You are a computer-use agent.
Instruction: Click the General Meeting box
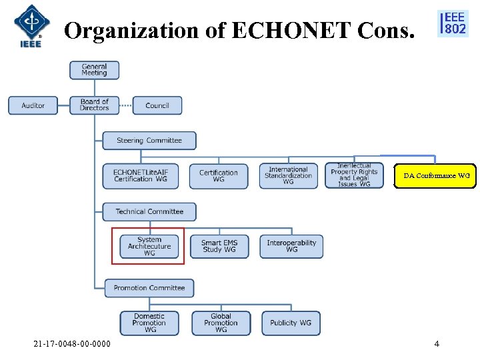[x=94, y=70]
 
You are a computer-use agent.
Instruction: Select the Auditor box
[x=33, y=105]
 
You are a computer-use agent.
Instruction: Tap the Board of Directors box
[x=94, y=105]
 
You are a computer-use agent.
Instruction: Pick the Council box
[x=157, y=105]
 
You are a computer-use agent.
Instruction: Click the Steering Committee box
[x=149, y=141]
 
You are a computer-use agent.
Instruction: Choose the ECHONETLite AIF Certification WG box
[x=141, y=176]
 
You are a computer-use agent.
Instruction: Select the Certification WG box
[x=219, y=176]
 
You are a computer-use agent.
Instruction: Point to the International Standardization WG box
[x=288, y=176]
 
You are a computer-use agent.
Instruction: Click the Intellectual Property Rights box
[x=354, y=175]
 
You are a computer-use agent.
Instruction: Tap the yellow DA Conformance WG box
[x=436, y=176]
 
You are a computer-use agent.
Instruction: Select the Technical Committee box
[x=149, y=212]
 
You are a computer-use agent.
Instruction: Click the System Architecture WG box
[x=149, y=247]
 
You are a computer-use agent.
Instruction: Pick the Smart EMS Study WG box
[x=219, y=247]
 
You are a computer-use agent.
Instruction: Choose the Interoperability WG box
[x=291, y=247]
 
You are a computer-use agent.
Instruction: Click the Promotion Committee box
[x=149, y=288]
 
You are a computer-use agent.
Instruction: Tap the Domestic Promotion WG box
[x=149, y=323]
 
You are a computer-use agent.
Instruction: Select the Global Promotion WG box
[x=221, y=323]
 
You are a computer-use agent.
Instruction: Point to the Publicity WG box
[x=291, y=323]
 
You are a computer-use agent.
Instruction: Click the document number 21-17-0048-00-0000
[x=73, y=344]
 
